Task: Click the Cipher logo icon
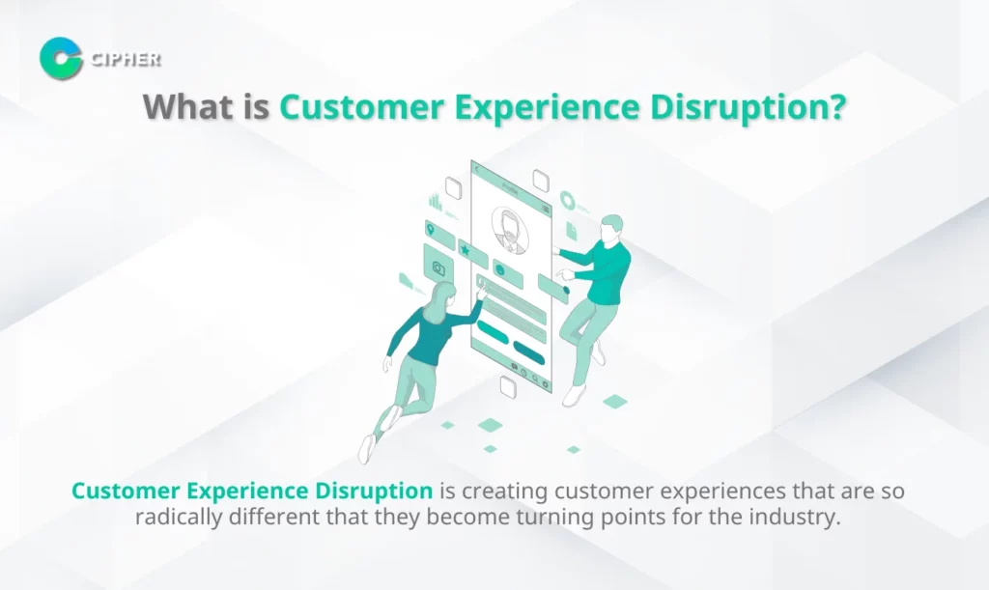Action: (x=61, y=58)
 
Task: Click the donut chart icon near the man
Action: (x=567, y=201)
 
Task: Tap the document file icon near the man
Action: (x=572, y=230)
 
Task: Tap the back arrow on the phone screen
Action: (x=477, y=171)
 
